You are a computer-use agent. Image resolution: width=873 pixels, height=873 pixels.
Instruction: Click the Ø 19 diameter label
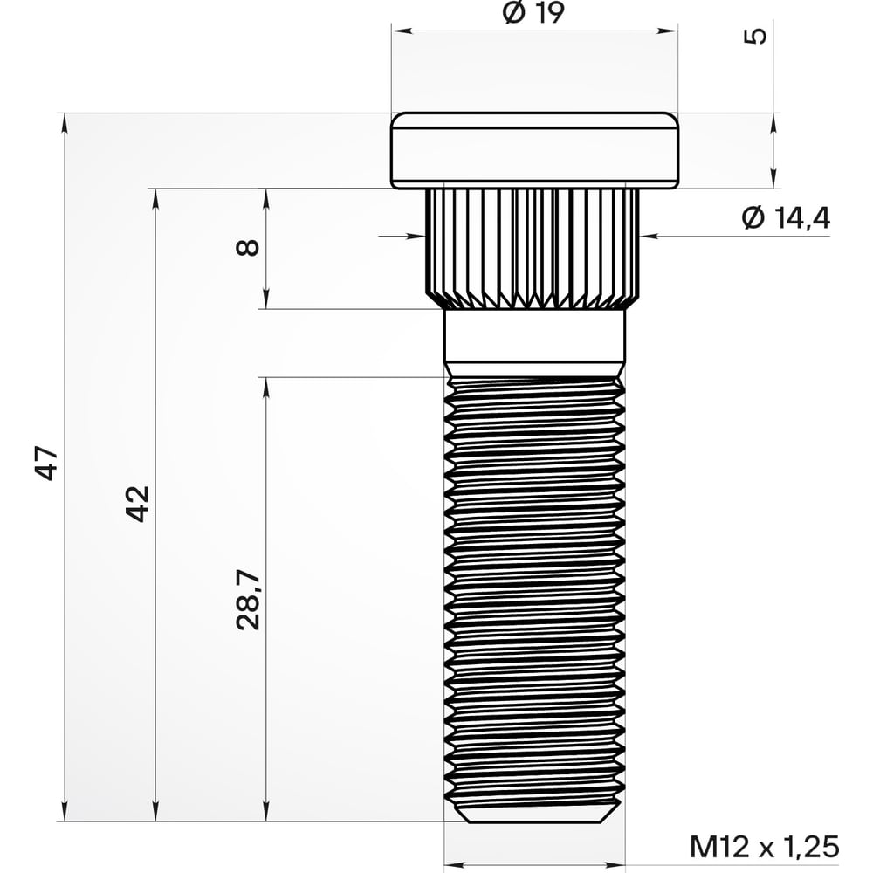point(534,13)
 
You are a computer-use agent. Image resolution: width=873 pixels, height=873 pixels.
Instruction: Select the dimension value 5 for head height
point(758,36)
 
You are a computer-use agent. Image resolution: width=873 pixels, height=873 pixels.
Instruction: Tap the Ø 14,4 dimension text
point(785,217)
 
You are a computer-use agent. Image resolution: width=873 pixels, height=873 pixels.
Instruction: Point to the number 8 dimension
point(249,247)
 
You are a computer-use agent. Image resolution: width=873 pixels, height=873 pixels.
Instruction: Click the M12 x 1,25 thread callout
point(764,845)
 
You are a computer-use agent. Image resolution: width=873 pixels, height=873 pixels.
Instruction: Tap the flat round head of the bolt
point(534,150)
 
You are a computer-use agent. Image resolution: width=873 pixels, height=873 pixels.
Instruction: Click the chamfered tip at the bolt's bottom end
point(534,815)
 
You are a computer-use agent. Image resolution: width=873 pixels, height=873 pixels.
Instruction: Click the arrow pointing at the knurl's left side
point(416,234)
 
